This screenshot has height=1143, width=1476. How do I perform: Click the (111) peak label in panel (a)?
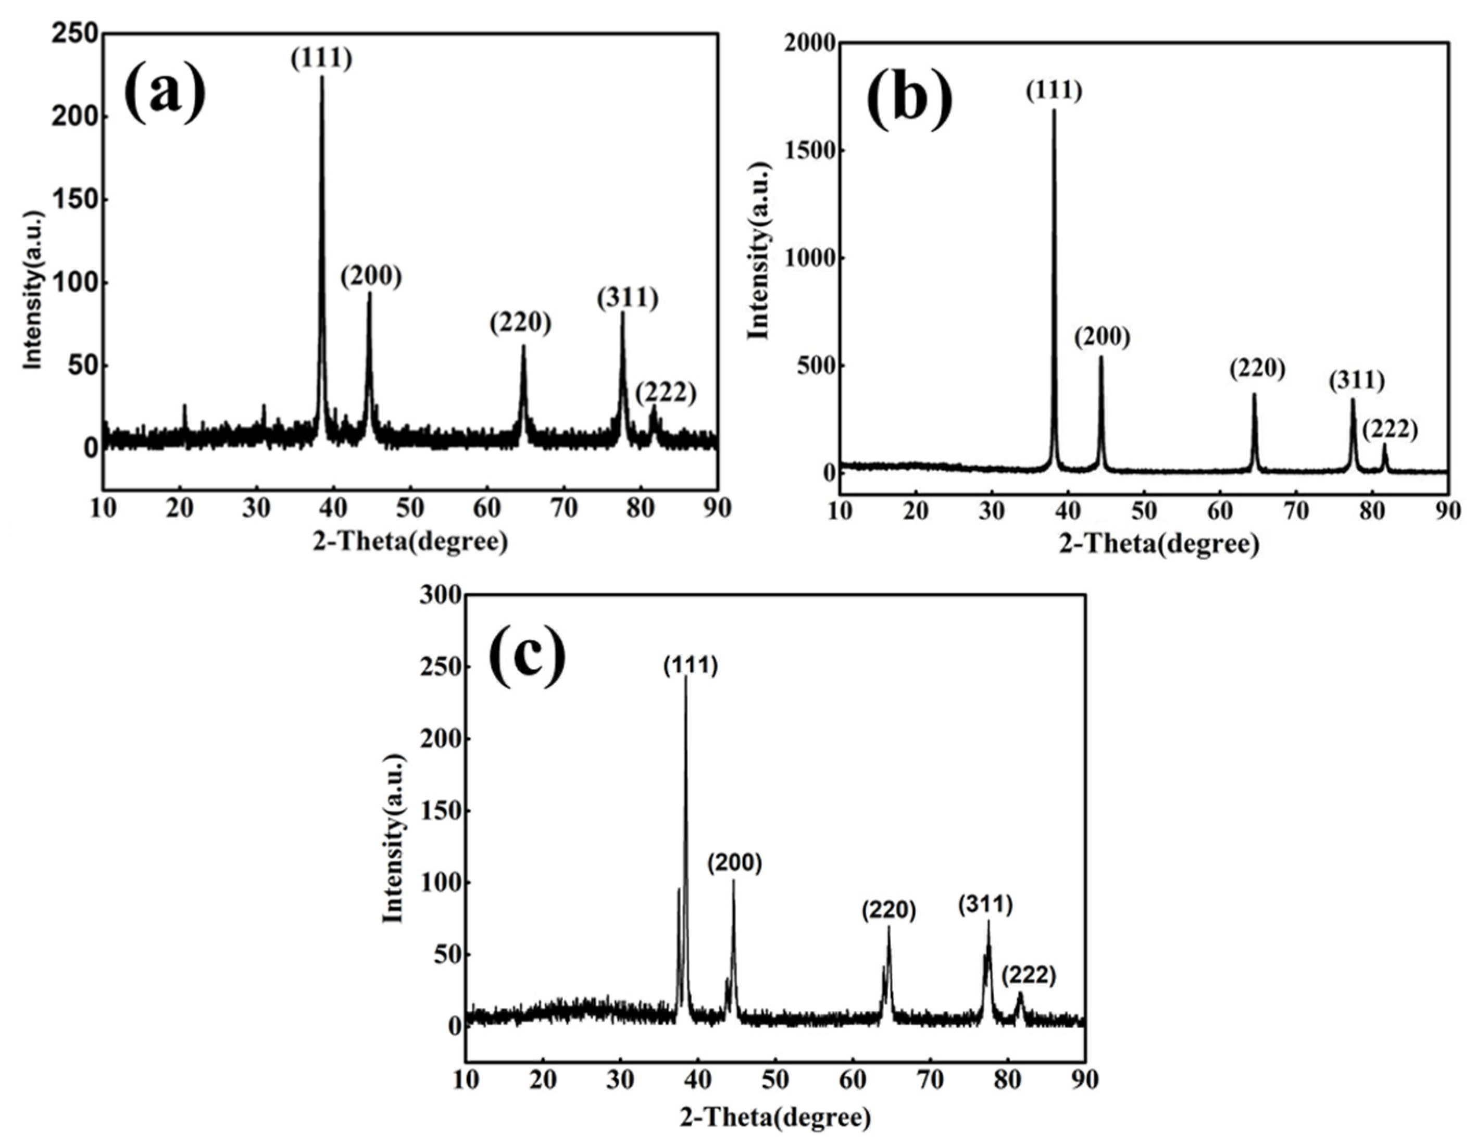322,59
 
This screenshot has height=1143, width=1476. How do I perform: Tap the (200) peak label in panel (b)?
1102,337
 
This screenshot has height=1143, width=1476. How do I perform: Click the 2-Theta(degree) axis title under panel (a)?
410,541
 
